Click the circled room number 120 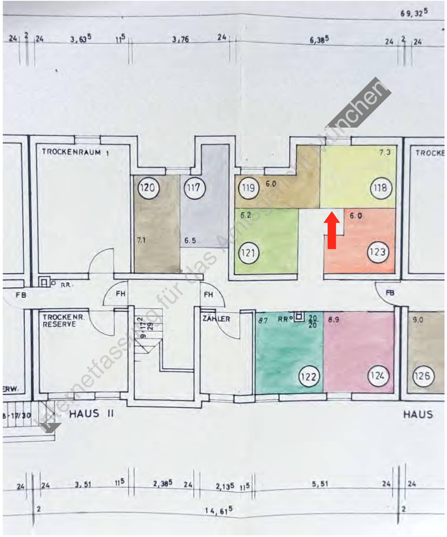pyautogui.click(x=149, y=188)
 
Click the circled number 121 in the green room pyautogui.click(x=248, y=253)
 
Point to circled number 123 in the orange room pyautogui.click(x=378, y=252)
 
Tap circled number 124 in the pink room pyautogui.click(x=378, y=376)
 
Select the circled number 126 pyautogui.click(x=423, y=376)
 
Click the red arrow pyautogui.click(x=332, y=230)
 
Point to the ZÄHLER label pyautogui.click(x=216, y=319)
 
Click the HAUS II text pyautogui.click(x=91, y=414)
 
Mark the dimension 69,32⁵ pyautogui.click(x=414, y=13)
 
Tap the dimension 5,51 pyautogui.click(x=320, y=484)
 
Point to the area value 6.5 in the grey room pyautogui.click(x=190, y=240)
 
